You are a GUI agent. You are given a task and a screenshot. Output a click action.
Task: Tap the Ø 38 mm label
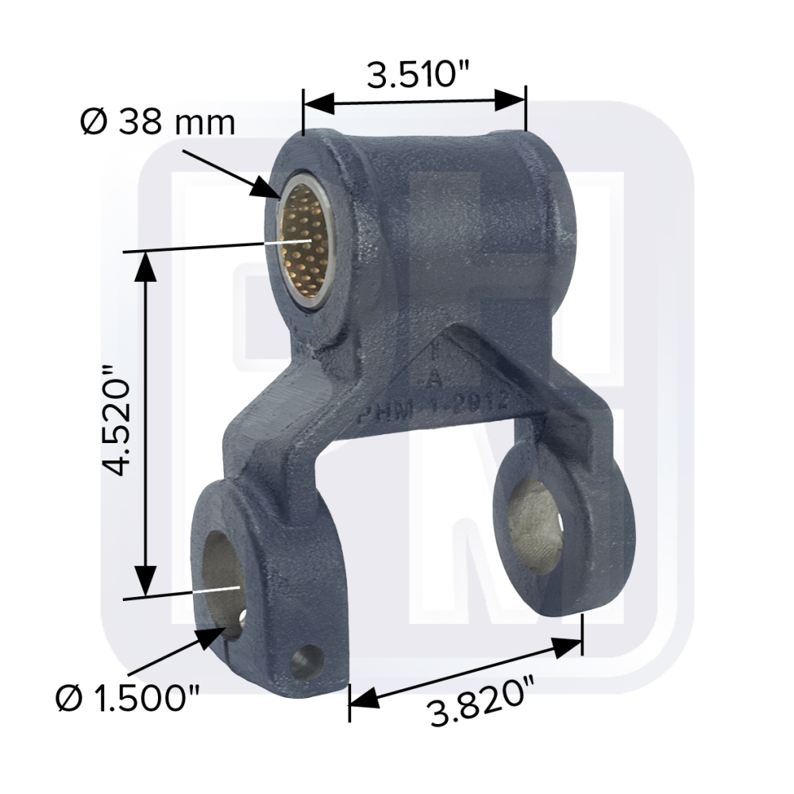(158, 123)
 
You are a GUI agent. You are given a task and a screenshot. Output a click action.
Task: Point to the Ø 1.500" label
(128, 700)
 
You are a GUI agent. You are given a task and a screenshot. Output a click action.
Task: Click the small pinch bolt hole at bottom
(306, 661)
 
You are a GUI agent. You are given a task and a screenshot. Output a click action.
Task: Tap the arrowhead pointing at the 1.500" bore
(213, 634)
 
